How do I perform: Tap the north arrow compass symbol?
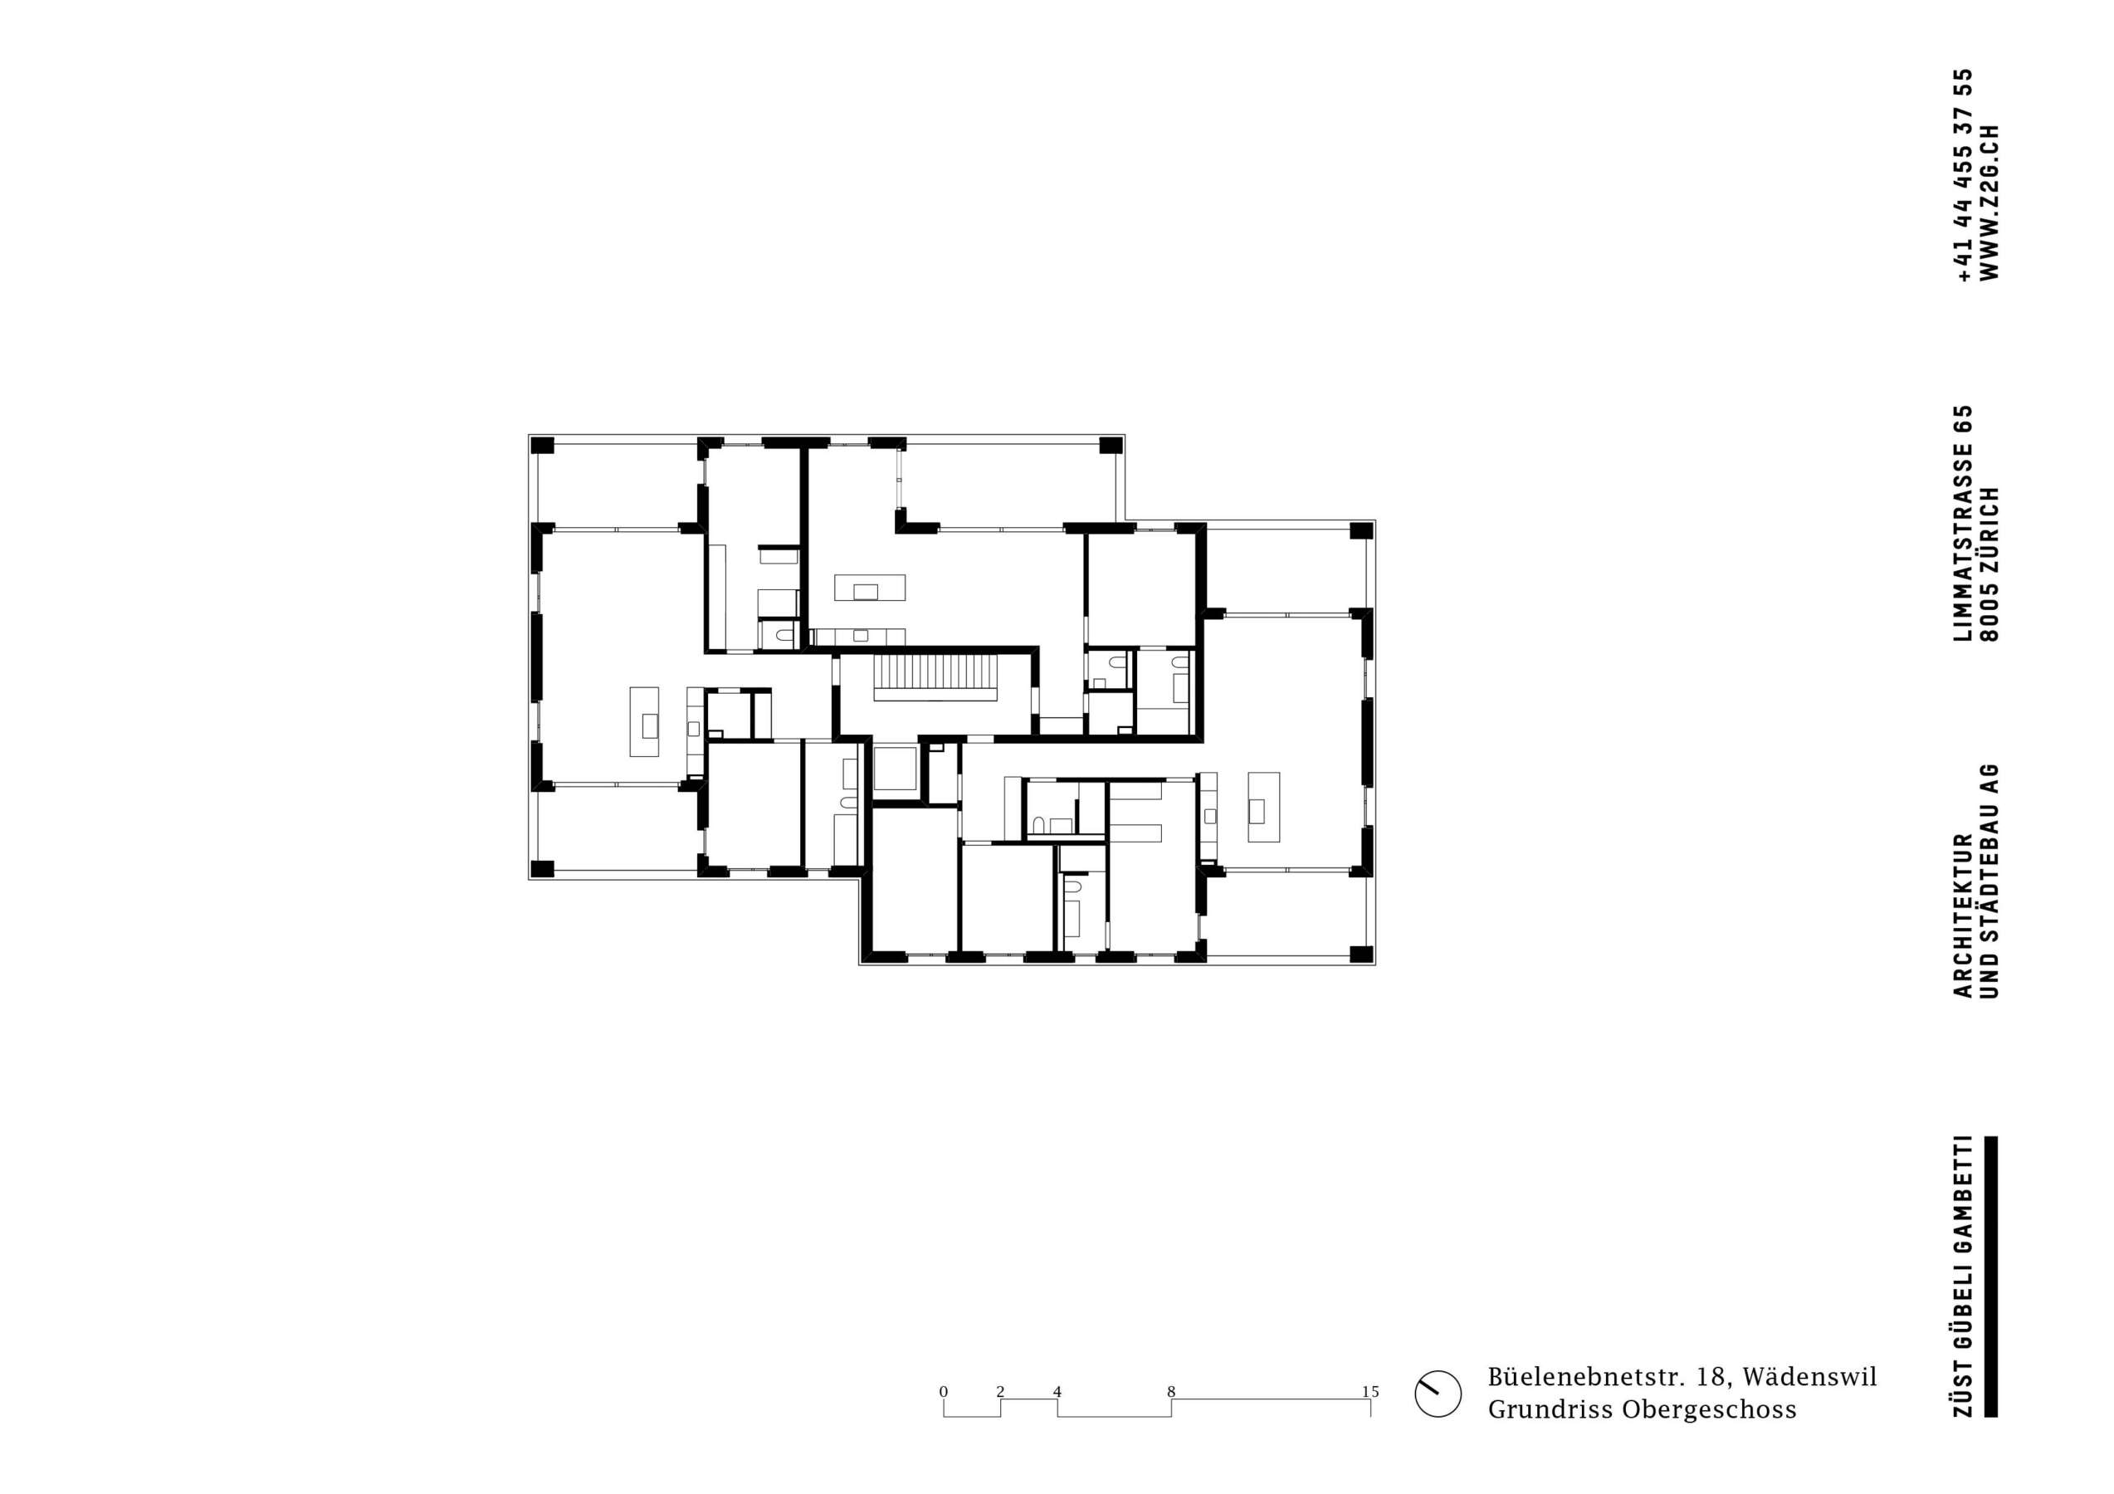[1438, 1419]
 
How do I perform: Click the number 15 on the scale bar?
[1370, 1391]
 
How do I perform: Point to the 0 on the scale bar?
[944, 1391]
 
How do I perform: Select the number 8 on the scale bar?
[1171, 1391]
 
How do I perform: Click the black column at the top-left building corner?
[542, 447]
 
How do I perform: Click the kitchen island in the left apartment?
[645, 722]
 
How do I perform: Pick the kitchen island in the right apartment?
[1263, 807]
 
